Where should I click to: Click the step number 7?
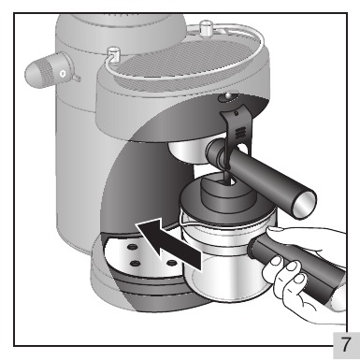click(x=346, y=344)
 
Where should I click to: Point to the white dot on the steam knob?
click(x=63, y=74)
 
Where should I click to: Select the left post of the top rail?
click(x=113, y=54)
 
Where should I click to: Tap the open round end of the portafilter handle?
click(x=305, y=204)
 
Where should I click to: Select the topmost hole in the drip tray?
click(x=132, y=247)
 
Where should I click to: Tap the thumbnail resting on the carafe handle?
click(x=275, y=229)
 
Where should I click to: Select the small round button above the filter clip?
click(x=228, y=96)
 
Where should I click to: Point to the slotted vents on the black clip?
click(x=239, y=133)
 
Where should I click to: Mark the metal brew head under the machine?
click(x=188, y=151)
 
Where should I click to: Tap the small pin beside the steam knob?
click(x=77, y=78)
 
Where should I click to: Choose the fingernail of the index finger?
click(x=292, y=266)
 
